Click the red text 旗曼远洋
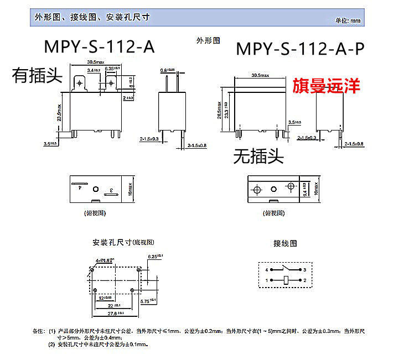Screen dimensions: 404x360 pos(326,86)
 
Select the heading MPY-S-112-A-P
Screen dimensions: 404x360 pos(300,50)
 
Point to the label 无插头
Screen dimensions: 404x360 pos(258,157)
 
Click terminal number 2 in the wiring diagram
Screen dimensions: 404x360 pos(305,281)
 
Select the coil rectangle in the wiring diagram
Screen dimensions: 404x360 pos(285,281)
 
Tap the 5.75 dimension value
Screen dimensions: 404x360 pos(148,301)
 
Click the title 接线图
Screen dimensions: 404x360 pos(285,243)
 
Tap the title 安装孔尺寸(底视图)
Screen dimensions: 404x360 pos(123,243)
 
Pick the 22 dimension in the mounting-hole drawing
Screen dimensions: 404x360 pos(112,305)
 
